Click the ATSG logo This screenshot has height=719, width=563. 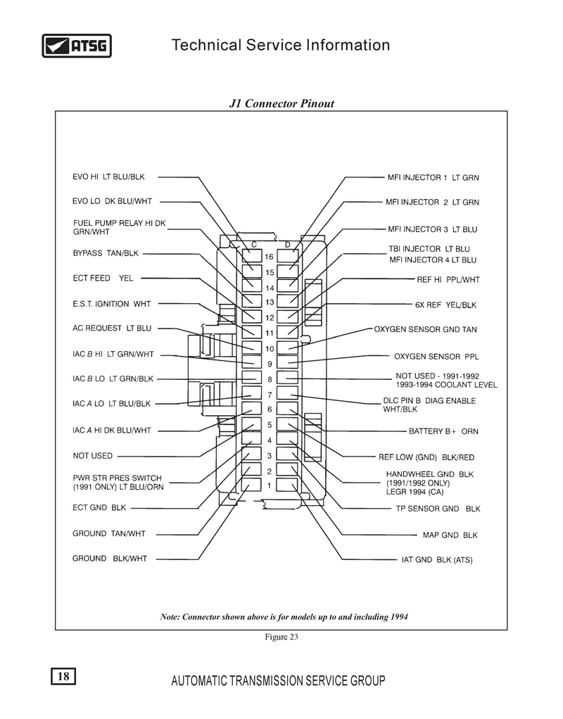pyautogui.click(x=77, y=46)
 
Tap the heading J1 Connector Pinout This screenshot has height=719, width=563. pyautogui.click(x=281, y=103)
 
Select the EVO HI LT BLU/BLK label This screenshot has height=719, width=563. pyautogui.click(x=109, y=177)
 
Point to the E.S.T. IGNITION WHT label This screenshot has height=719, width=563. pyautogui.click(x=111, y=304)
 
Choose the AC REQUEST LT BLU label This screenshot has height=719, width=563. pyautogui.click(x=112, y=329)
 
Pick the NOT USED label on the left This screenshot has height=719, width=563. pyautogui.click(x=93, y=456)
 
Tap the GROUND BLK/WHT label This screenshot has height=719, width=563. pyautogui.click(x=110, y=559)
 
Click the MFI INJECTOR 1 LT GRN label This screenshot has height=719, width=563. pyautogui.click(x=433, y=178)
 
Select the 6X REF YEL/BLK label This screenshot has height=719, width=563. pyautogui.click(x=445, y=305)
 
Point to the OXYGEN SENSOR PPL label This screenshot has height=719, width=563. pyautogui.click(x=436, y=357)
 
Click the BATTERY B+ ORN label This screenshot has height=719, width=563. pyautogui.click(x=443, y=431)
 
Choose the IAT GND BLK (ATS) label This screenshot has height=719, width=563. pyautogui.click(x=437, y=560)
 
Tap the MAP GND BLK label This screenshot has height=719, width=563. pyautogui.click(x=450, y=535)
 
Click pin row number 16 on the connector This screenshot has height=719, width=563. pyautogui.click(x=270, y=257)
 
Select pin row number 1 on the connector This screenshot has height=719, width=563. pyautogui.click(x=270, y=485)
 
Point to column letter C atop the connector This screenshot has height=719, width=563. pyautogui.click(x=254, y=245)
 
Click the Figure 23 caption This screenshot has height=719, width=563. pyautogui.click(x=281, y=637)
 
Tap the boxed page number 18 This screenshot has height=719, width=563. pyautogui.click(x=63, y=676)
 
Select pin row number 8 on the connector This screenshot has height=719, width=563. pyautogui.click(x=270, y=380)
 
